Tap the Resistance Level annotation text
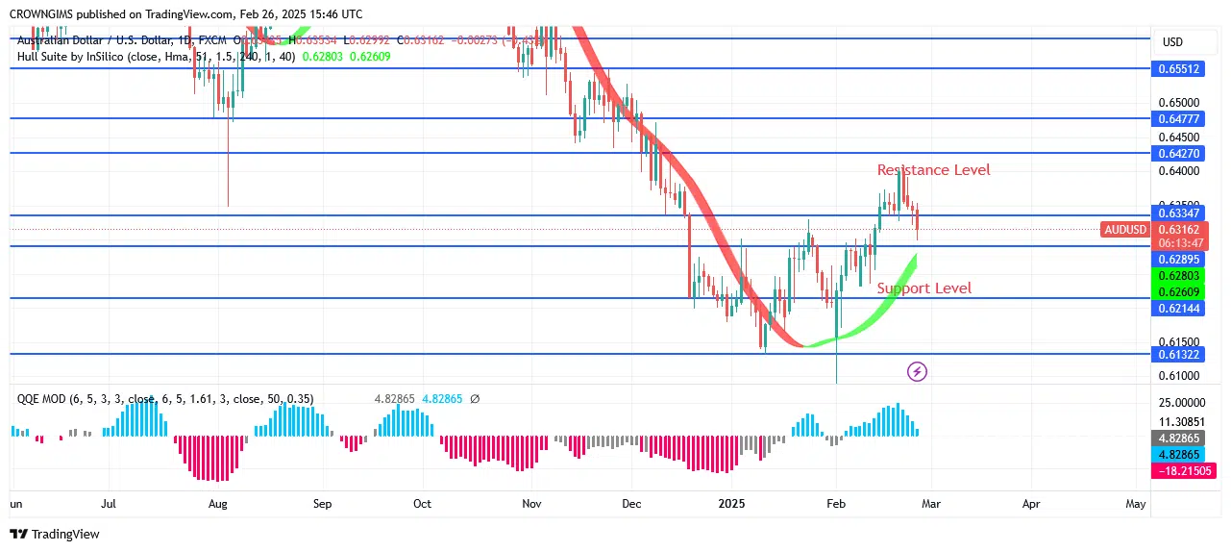pos(933,170)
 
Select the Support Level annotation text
pos(923,288)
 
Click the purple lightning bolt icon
pos(917,371)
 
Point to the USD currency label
pos(1172,42)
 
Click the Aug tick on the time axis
pos(218,503)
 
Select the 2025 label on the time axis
pos(732,503)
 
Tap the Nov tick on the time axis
pos(531,503)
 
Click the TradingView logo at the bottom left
pos(55,534)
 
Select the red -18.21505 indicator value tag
pos(1183,471)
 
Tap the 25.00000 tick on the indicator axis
pos(1181,402)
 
